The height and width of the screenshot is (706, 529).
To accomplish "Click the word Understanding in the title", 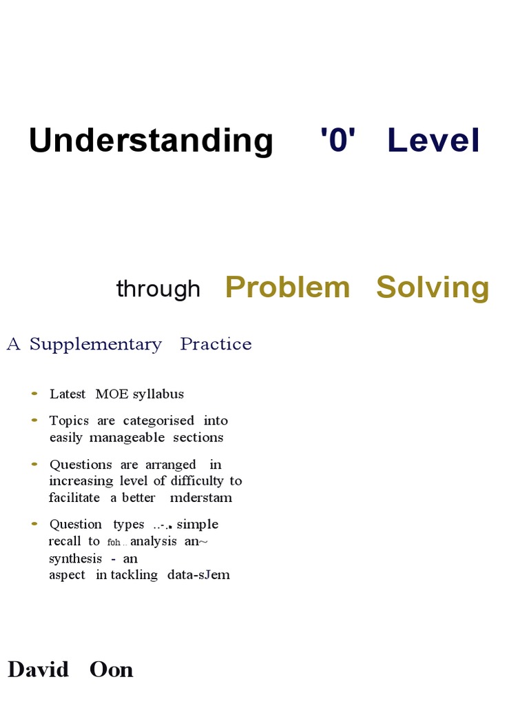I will pos(151,141).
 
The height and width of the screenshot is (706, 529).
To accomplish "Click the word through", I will pos(158,289).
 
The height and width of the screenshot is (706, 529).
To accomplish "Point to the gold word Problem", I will pos(287,287).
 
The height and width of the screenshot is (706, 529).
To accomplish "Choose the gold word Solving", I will pos(433,288).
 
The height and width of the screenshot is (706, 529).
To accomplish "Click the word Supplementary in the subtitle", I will pos(96,345).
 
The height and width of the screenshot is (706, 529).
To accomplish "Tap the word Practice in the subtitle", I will pos(216,344).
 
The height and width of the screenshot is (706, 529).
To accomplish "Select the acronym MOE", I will pos(112,394).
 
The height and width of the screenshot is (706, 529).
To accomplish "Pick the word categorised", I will pos(159,421).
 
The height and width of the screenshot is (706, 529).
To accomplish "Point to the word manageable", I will pos(131,437).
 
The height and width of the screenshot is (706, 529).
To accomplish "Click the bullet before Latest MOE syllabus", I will pos(35,394).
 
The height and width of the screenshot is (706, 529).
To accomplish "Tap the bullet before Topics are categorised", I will pos(35,420).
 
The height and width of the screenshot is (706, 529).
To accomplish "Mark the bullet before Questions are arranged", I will pos(35,464).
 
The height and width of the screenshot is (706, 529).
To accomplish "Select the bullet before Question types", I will pos(35,524).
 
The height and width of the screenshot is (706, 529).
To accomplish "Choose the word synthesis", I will pos(76,558).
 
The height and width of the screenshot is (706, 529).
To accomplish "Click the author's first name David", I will pos(39,669).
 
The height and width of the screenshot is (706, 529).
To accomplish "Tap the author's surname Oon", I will pos(112,669).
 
